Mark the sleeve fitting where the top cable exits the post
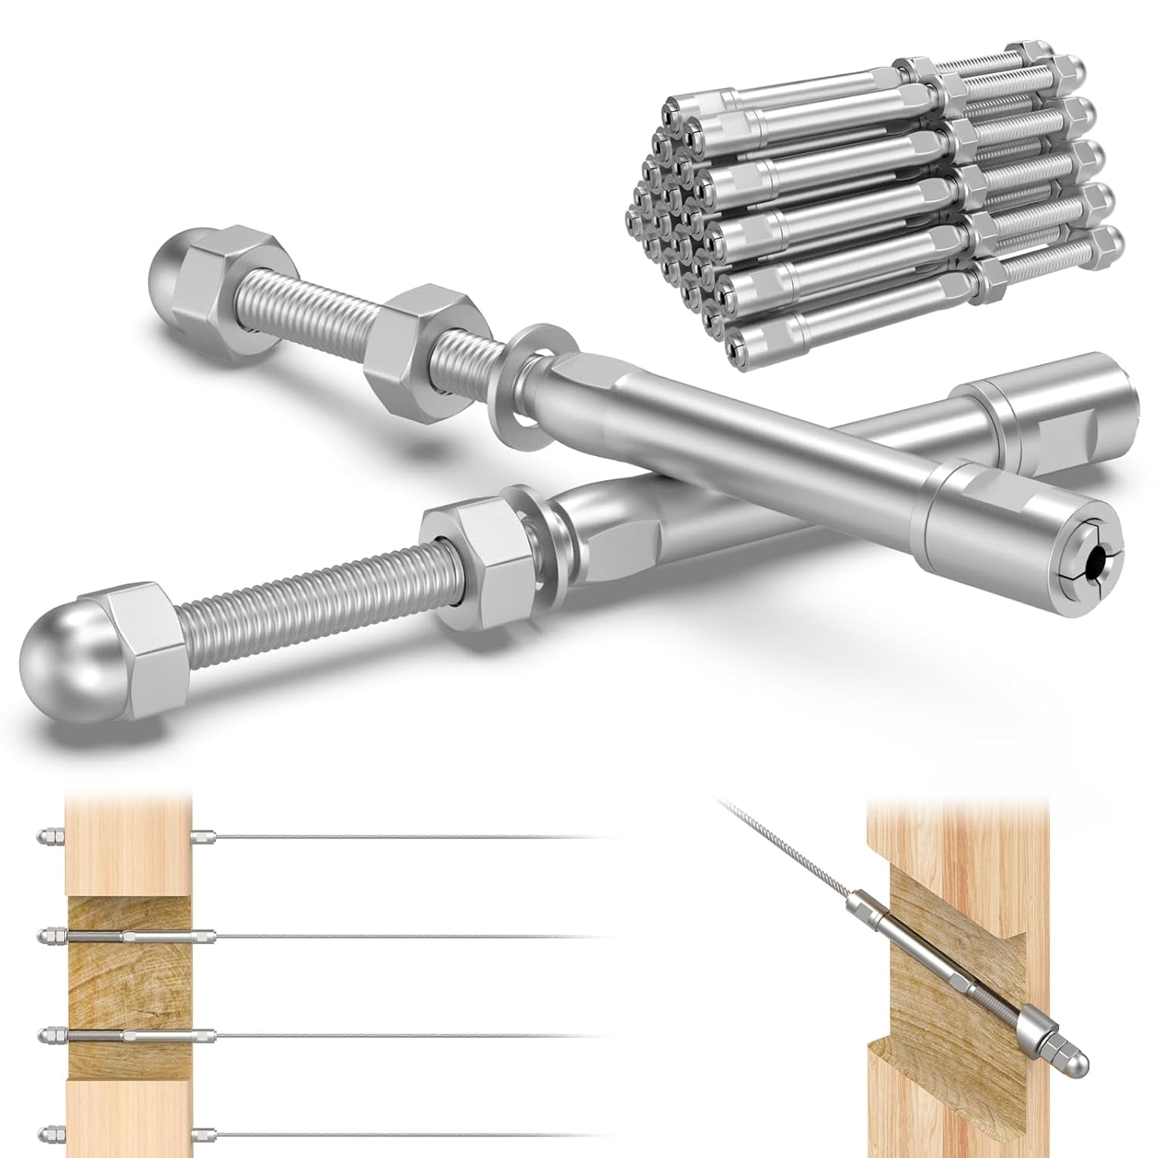(x=202, y=836)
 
